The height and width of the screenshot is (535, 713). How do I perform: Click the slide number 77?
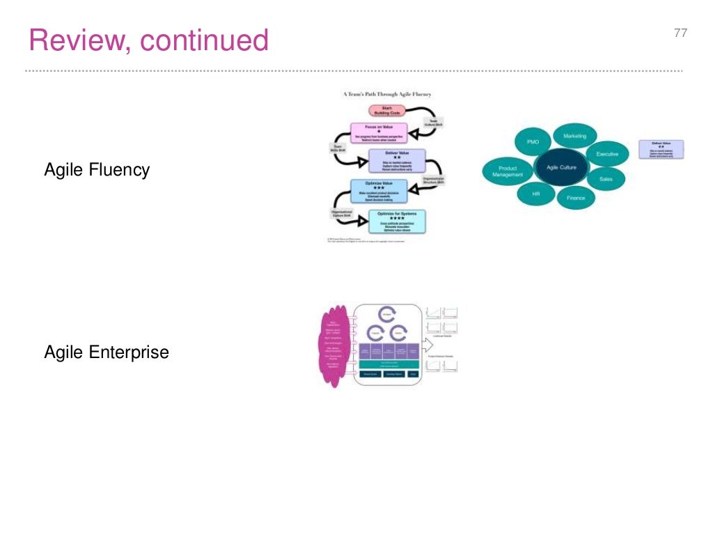(680, 33)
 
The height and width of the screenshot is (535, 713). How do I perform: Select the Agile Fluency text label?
(97, 169)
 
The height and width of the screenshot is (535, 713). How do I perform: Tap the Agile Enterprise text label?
(107, 352)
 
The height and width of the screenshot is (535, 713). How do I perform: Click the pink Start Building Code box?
(386, 111)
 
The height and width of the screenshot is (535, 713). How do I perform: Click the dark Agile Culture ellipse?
(561, 168)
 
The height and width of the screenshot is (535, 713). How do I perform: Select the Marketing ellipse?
(574, 136)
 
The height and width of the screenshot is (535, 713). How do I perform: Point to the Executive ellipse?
(603, 154)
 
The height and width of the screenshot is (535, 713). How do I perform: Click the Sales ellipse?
(606, 179)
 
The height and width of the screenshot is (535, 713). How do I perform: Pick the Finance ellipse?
(575, 198)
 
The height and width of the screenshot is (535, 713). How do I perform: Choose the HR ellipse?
(535, 193)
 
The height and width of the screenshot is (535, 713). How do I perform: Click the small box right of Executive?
(661, 149)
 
